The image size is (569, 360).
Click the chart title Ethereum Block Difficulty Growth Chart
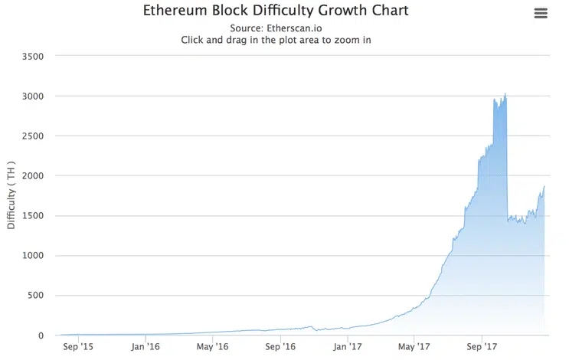click(276, 11)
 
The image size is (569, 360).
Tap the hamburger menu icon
click(541, 13)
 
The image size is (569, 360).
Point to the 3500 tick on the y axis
click(33, 57)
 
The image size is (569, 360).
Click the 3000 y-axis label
click(33, 97)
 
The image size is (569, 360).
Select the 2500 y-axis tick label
click(33, 136)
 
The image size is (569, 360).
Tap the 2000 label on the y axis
click(33, 176)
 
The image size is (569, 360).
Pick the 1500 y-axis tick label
click(33, 216)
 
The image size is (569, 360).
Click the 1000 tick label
click(33, 256)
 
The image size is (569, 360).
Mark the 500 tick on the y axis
click(36, 296)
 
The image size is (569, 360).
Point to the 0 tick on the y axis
click(42, 335)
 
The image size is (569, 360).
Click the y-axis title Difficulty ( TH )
click(11, 195)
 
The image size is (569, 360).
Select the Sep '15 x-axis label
click(77, 346)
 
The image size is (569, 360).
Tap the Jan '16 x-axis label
click(145, 346)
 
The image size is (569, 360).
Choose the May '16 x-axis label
click(211, 346)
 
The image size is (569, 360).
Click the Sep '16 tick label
click(280, 346)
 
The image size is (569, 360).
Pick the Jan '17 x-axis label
click(347, 346)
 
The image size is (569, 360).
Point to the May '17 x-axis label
click(414, 346)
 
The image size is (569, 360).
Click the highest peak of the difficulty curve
click(505, 94)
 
